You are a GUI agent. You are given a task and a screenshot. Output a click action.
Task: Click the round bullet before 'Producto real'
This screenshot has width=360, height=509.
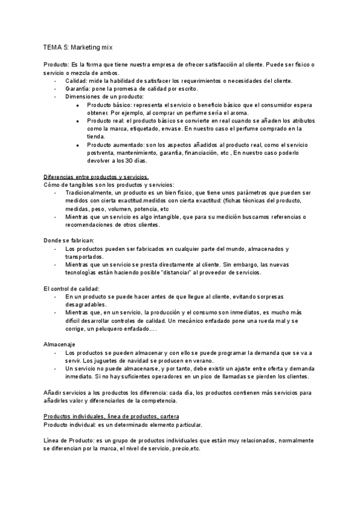coord(78,121)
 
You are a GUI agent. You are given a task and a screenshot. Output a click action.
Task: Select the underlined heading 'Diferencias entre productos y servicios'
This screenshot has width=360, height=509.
coord(96,177)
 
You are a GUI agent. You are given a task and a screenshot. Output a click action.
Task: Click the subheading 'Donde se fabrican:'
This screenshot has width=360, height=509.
coord(69,240)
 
